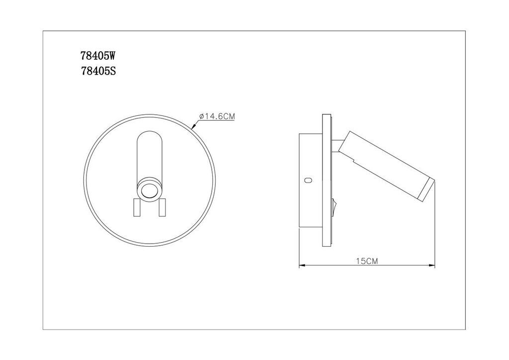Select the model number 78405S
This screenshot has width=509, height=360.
pos(98,71)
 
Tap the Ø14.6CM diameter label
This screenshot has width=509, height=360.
pos(217,116)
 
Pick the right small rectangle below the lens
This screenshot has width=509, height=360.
pos(162,207)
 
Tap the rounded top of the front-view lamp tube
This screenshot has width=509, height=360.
pos(149,137)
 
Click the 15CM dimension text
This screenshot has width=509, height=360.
pos(367,261)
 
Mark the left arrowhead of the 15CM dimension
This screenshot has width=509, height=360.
pos(302,266)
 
